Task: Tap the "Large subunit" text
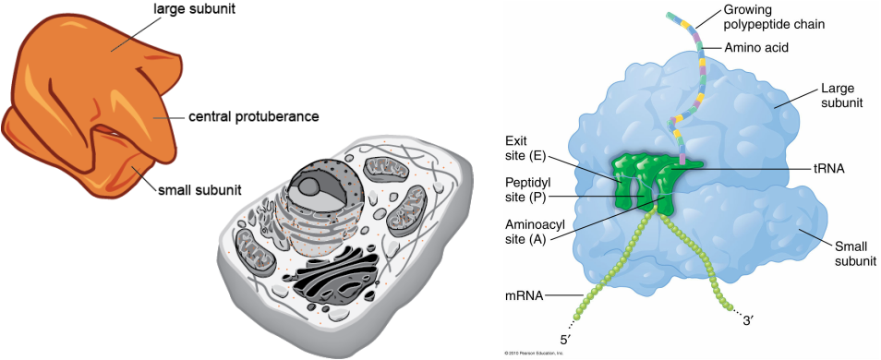840,96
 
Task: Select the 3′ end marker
750,320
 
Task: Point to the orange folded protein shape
92,102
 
